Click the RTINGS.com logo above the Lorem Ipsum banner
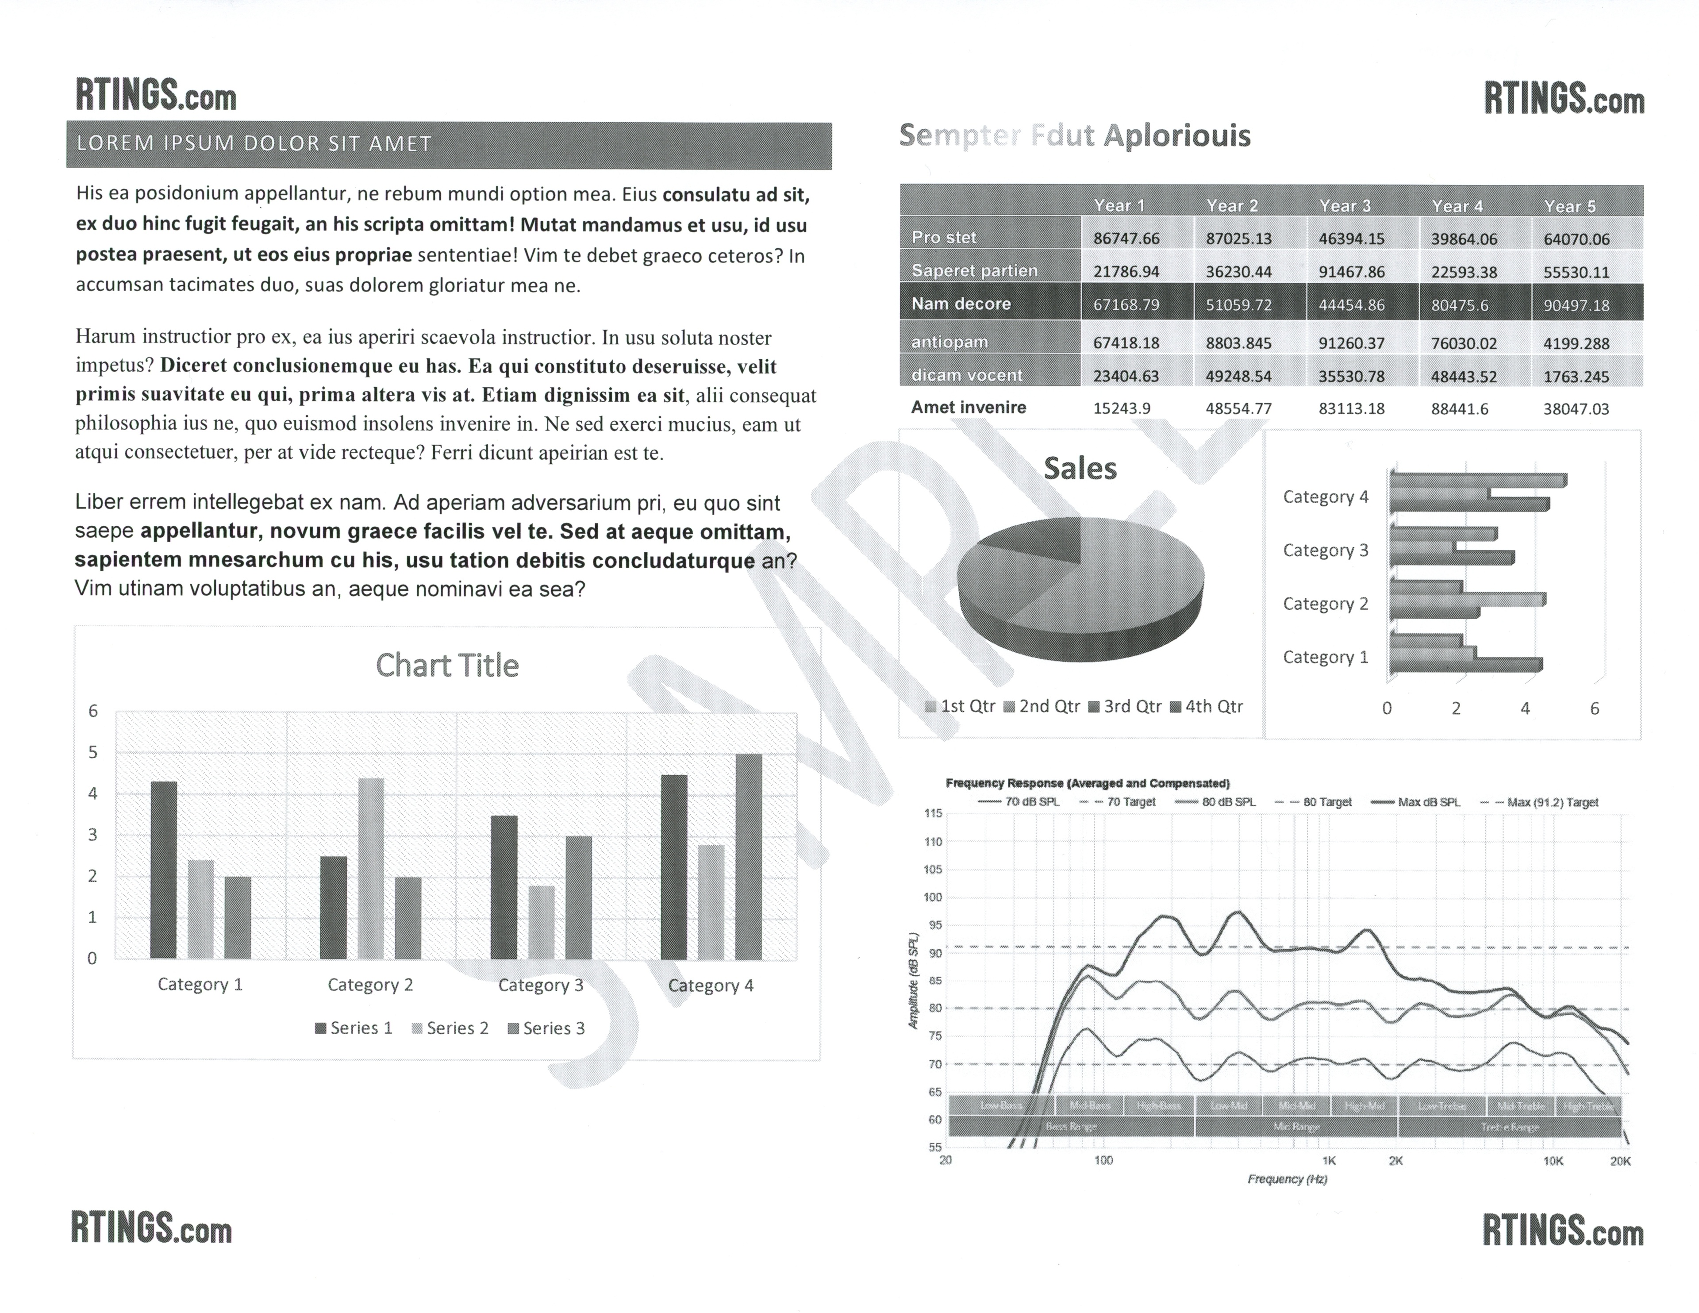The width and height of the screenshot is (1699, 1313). coord(156,96)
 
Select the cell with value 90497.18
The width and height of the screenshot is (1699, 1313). coord(1576,305)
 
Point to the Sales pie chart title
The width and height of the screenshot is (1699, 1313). coord(1080,469)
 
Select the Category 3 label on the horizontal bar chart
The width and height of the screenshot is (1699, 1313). coord(1325,550)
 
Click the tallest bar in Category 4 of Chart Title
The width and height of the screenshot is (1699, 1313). coord(748,856)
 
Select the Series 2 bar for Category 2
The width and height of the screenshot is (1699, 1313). coord(371,868)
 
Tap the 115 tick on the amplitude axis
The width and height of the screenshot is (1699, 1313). coord(933,813)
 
